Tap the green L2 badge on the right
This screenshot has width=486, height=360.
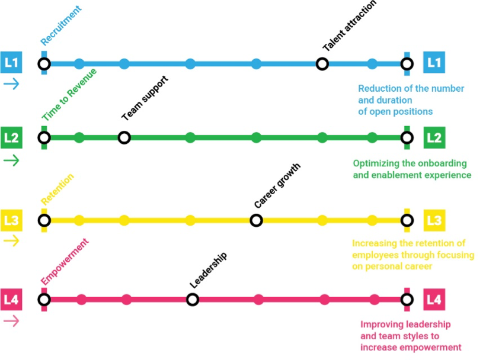(x=434, y=137)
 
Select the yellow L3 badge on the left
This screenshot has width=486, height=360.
(x=11, y=220)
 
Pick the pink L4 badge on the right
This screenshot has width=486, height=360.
(x=434, y=300)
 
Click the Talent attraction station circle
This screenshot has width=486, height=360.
(x=322, y=63)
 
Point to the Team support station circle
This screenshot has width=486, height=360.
(x=124, y=137)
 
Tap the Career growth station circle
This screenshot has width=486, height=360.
(x=256, y=220)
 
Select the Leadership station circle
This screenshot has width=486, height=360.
(x=192, y=300)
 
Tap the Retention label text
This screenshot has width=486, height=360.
(x=57, y=189)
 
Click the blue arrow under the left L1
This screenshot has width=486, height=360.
(x=11, y=84)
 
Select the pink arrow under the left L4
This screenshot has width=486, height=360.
(x=11, y=321)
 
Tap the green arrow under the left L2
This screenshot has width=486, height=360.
(x=11, y=160)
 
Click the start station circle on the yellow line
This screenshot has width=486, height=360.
(x=43, y=220)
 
